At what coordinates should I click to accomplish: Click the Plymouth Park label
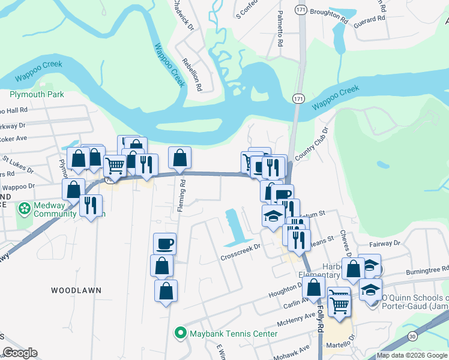pyautogui.click(x=37, y=95)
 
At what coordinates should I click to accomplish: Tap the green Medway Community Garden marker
pyautogui.click(x=24, y=209)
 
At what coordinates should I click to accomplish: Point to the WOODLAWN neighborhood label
pyautogui.click(x=76, y=290)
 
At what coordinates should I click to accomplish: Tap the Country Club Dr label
pyautogui.click(x=320, y=140)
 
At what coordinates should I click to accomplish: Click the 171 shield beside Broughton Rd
pyautogui.click(x=300, y=10)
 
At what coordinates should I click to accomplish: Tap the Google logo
pyautogui.click(x=20, y=353)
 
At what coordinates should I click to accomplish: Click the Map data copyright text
pyautogui.click(x=411, y=355)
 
